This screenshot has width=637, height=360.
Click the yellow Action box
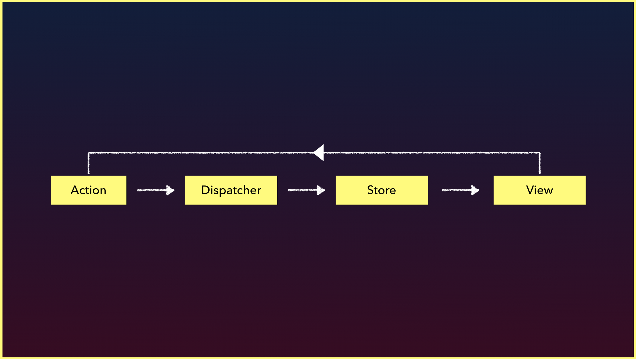[x=89, y=190]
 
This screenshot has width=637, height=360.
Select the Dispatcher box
[x=231, y=190]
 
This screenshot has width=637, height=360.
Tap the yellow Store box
[x=382, y=190]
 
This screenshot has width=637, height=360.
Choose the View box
[x=540, y=190]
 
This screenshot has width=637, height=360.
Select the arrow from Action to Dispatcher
[x=156, y=190]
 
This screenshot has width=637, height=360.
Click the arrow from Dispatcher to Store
[x=306, y=190]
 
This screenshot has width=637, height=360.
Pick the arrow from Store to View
[x=461, y=190]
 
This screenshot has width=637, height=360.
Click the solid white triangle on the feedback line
[x=319, y=153]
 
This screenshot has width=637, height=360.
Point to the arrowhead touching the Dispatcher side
[x=171, y=190]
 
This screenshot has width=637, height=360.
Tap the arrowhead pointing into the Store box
[x=321, y=190]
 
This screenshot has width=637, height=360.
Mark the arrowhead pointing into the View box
[x=476, y=190]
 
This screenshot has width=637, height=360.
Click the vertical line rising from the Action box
[x=89, y=163]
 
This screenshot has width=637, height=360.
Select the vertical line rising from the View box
[x=540, y=163]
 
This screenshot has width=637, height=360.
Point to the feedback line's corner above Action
[x=89, y=153]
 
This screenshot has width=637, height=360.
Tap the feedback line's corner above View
[x=540, y=153]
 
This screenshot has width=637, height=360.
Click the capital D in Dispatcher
[x=205, y=190]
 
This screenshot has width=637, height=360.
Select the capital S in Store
[x=370, y=190]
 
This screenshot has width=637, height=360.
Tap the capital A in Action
[x=75, y=190]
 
